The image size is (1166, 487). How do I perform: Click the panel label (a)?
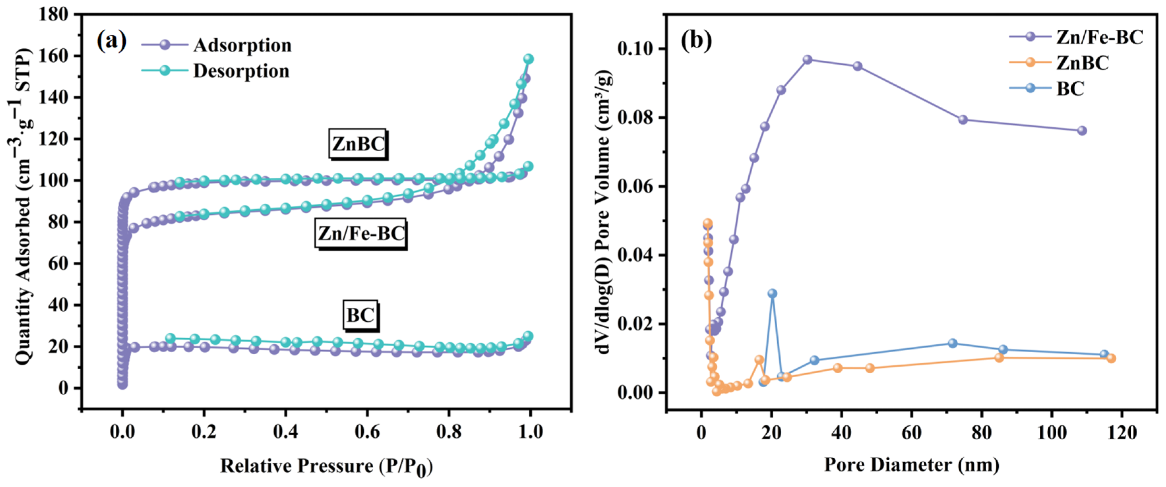(x=111, y=41)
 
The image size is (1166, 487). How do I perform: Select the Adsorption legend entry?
(x=242, y=45)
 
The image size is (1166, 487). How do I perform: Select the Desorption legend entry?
(x=241, y=71)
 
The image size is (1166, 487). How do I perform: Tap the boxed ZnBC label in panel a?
(x=358, y=144)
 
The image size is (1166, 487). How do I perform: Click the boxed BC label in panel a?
(x=360, y=315)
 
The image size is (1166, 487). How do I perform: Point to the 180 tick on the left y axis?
(x=53, y=15)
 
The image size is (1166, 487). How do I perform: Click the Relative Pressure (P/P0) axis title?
(x=326, y=467)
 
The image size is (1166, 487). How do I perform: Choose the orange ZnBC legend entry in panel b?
(x=1082, y=63)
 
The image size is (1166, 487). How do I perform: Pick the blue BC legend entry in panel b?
(x=1070, y=89)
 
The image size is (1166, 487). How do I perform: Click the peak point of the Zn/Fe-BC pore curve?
(x=808, y=60)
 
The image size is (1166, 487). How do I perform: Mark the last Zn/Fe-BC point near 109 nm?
(x=1082, y=131)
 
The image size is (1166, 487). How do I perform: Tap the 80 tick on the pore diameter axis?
(x=981, y=432)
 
